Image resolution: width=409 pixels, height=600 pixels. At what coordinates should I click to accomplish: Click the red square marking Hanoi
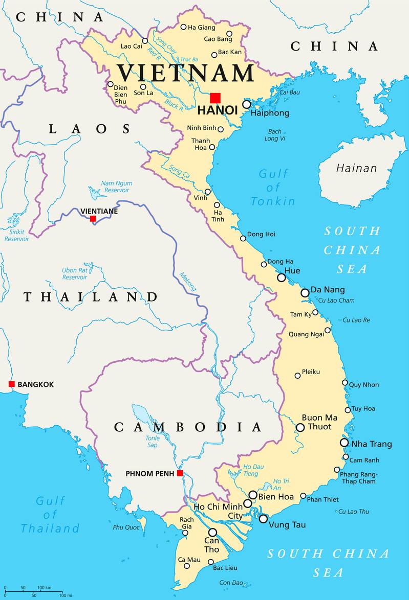click(x=215, y=98)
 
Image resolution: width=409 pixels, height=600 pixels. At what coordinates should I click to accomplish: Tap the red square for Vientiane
click(x=93, y=219)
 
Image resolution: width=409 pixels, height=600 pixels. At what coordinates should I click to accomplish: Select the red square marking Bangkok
click(x=11, y=384)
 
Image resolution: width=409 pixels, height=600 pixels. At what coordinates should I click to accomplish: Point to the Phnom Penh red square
click(x=180, y=473)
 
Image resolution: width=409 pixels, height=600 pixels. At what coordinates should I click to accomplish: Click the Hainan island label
click(x=356, y=168)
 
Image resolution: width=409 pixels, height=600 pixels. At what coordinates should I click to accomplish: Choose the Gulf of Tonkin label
click(x=273, y=187)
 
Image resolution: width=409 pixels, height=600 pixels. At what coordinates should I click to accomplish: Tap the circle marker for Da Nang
click(x=305, y=293)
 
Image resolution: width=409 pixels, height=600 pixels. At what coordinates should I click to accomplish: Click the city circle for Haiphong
click(x=247, y=104)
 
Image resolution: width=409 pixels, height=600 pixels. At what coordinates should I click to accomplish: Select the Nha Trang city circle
click(x=344, y=443)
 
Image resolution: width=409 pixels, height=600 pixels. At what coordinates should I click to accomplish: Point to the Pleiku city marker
click(x=297, y=376)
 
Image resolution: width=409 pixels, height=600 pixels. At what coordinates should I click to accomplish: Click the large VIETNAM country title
click(x=185, y=73)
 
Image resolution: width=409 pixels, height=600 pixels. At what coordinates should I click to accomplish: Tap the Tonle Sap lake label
click(x=152, y=441)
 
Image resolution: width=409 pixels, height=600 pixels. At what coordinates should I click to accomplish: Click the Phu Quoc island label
click(x=126, y=527)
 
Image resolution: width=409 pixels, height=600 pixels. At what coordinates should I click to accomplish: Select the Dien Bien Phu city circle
click(x=110, y=84)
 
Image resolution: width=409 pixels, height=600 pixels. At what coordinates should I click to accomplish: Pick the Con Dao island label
click(x=231, y=583)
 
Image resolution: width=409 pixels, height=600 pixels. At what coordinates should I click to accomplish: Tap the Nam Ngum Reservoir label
click(x=116, y=187)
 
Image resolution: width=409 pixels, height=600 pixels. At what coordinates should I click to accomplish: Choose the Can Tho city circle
click(x=212, y=532)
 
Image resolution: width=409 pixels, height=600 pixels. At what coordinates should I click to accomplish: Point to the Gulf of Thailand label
click(x=50, y=515)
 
